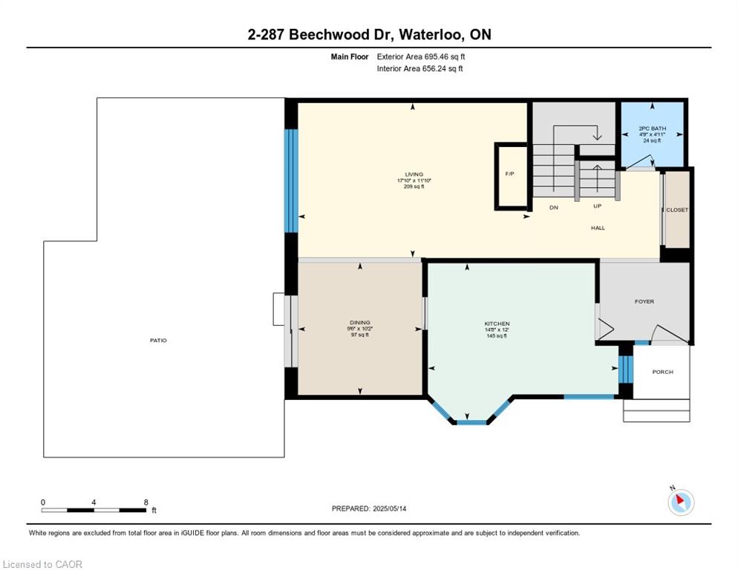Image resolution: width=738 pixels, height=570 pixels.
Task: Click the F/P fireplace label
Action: click(510, 174)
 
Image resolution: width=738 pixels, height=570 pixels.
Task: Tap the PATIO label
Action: click(158, 341)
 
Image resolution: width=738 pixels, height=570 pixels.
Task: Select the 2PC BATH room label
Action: click(653, 128)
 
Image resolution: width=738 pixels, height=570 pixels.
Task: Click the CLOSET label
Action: click(677, 210)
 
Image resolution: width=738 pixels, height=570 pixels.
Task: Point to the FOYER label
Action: click(644, 302)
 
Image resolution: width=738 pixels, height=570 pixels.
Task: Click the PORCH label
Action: click(663, 372)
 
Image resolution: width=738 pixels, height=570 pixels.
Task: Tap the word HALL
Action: click(598, 228)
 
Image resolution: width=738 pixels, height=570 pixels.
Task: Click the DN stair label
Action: click(554, 207)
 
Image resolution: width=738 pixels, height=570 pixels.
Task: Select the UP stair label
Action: click(597, 206)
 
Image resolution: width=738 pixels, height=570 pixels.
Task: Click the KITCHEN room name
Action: click(497, 324)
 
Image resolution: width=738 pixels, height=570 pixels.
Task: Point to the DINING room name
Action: click(360, 323)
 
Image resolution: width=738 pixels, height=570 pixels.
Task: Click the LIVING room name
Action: click(414, 174)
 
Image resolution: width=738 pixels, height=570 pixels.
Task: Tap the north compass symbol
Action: click(681, 502)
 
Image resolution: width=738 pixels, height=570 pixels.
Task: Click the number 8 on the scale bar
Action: click(146, 502)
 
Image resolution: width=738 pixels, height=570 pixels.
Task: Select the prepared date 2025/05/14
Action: click(389, 509)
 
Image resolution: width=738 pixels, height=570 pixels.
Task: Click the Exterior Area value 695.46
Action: click(437, 56)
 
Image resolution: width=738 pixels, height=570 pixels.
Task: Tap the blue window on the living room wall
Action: click(291, 181)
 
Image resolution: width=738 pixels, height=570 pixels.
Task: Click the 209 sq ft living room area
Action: click(414, 187)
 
